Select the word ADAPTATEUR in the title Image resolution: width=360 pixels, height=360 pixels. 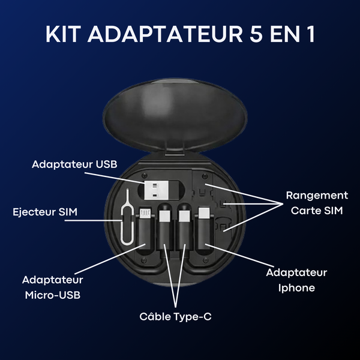click(x=165, y=34)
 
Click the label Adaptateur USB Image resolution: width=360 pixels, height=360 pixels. click(x=74, y=164)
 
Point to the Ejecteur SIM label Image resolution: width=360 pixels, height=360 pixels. click(x=45, y=212)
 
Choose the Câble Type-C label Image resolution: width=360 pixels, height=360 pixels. click(x=175, y=317)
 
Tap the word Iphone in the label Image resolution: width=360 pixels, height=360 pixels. click(x=296, y=288)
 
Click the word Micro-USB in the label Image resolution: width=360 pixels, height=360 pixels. click(x=53, y=295)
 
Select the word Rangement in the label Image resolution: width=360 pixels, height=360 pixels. click(x=317, y=196)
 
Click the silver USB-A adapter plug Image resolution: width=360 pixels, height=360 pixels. click(x=156, y=190)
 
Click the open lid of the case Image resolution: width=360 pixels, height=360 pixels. click(x=175, y=115)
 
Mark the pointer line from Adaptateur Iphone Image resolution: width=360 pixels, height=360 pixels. click(x=239, y=256)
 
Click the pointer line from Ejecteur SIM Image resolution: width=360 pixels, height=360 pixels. click(x=93, y=221)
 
